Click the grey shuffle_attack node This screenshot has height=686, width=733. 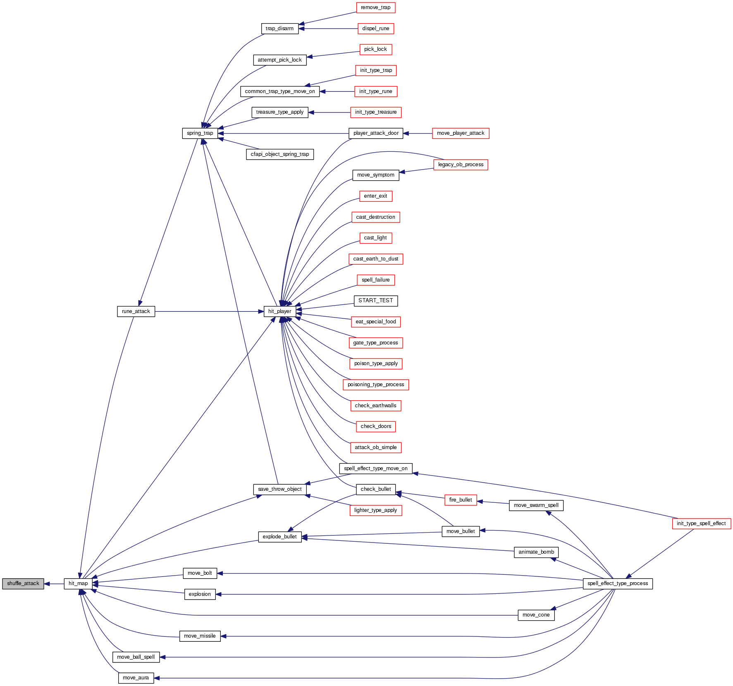pyautogui.click(x=23, y=583)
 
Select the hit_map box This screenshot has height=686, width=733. pyautogui.click(x=78, y=583)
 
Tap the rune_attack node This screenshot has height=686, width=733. pyautogui.click(x=136, y=311)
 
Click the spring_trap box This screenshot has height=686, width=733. pyautogui.click(x=200, y=133)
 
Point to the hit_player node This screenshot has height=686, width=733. pyautogui.click(x=279, y=311)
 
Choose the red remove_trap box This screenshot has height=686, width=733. pyautogui.click(x=375, y=7)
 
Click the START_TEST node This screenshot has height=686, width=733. pyautogui.click(x=375, y=301)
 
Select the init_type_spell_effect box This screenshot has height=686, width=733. pyautogui.click(x=701, y=523)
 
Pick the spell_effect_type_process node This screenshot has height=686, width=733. pyautogui.click(x=618, y=583)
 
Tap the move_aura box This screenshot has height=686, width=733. pyautogui.click(x=136, y=678)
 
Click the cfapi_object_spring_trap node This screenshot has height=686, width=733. pyautogui.click(x=279, y=154)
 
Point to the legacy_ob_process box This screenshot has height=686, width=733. pyautogui.click(x=461, y=165)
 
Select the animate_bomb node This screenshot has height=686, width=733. pyautogui.click(x=536, y=552)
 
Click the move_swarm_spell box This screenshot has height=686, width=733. pyautogui.click(x=536, y=505)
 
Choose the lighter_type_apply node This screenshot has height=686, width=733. pyautogui.click(x=375, y=510)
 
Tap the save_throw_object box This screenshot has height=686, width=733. pyautogui.click(x=279, y=489)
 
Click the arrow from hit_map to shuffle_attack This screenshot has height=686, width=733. pyautogui.click(x=54, y=583)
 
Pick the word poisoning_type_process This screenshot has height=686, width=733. pyautogui.click(x=375, y=385)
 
